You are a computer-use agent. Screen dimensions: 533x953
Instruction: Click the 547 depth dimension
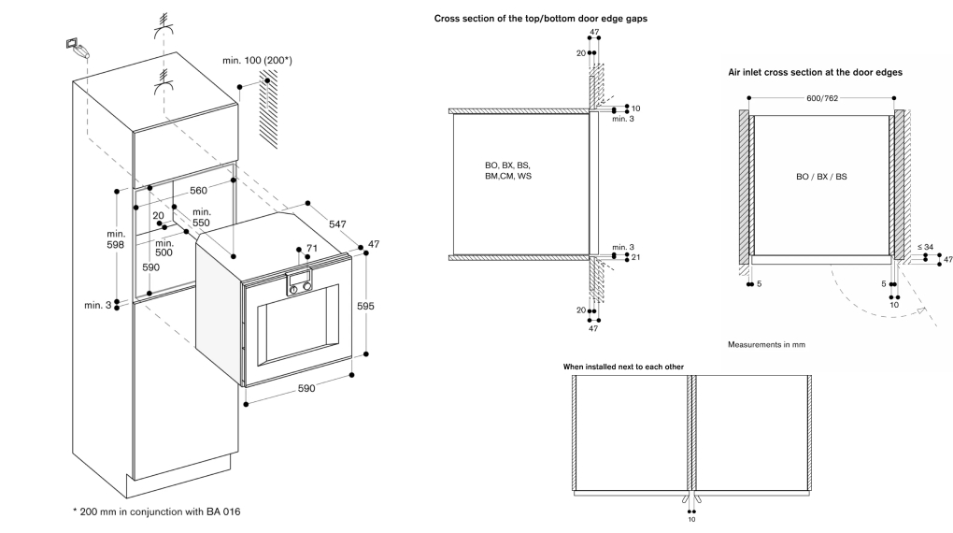tap(337, 224)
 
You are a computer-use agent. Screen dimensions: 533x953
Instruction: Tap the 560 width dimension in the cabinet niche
tap(198, 190)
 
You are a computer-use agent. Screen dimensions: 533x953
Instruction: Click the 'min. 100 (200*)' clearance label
tap(257, 61)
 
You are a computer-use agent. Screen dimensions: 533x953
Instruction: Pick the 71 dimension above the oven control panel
tap(312, 249)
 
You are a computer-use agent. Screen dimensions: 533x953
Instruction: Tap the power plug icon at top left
tap(76, 49)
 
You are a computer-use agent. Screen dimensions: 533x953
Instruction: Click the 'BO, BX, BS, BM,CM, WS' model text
tap(507, 170)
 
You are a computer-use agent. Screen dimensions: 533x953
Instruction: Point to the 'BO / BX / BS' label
tap(821, 176)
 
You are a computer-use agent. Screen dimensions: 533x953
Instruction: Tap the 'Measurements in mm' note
tap(765, 345)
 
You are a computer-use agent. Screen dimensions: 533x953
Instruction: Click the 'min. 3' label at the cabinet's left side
tap(97, 306)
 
